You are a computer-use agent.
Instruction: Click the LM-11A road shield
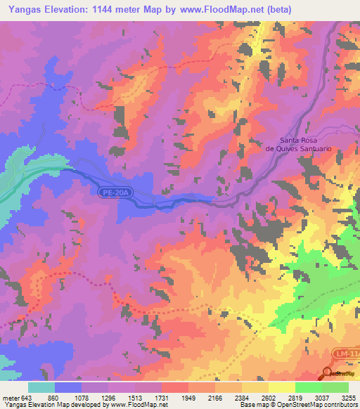[x=345, y=356]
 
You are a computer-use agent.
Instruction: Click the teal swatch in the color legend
[x=41, y=387]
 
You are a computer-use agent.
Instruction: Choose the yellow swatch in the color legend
[x=281, y=387]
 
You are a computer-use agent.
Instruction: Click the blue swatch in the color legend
[x=68, y=387]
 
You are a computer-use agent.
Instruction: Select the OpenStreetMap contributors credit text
[x=316, y=405]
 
